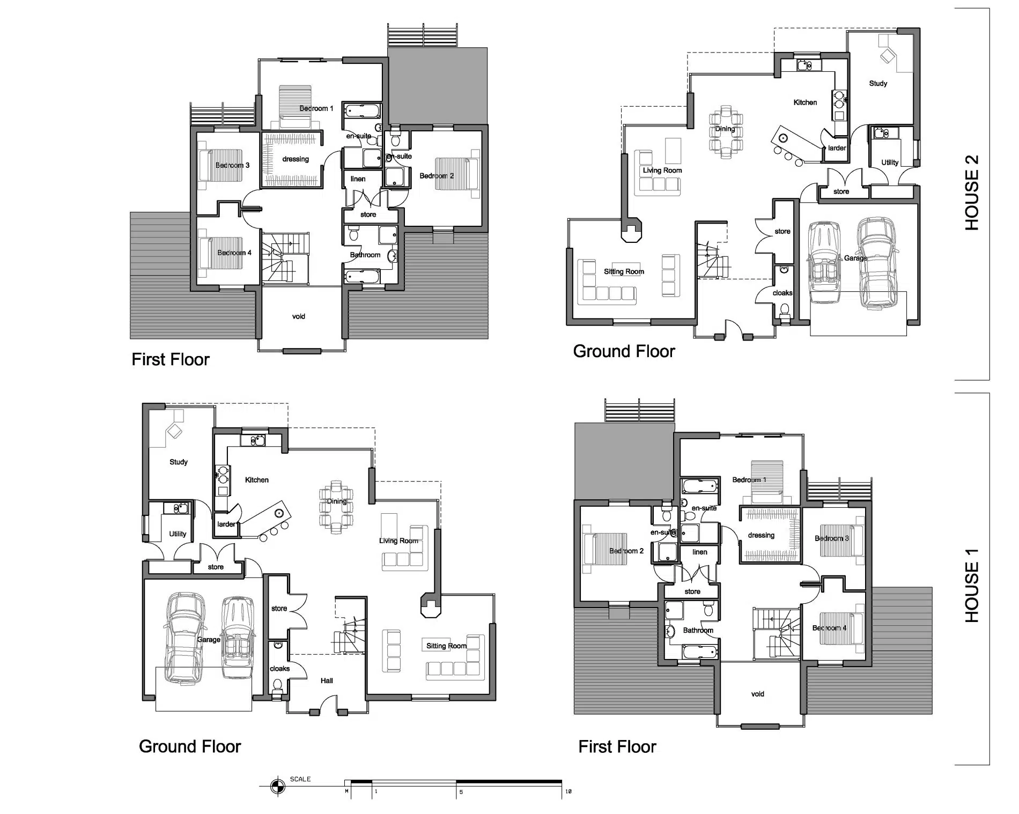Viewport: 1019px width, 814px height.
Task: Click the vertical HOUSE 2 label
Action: (971, 193)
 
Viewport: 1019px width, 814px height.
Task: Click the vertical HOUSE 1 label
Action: (971, 585)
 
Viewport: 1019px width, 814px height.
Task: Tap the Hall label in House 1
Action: (327, 680)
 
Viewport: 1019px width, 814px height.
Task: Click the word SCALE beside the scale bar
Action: (300, 779)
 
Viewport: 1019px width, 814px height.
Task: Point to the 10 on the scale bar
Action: (568, 791)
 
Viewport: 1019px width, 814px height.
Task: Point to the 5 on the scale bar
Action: (461, 792)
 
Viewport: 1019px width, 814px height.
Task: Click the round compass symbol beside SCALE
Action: (277, 787)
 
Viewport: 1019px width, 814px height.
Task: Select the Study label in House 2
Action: (878, 83)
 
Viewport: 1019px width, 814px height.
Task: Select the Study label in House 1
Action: (179, 462)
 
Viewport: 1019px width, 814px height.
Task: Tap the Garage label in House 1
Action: (209, 639)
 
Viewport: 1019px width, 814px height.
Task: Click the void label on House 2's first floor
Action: (299, 316)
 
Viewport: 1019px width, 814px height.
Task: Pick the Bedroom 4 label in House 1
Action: (829, 628)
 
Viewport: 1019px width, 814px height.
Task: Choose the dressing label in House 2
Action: (296, 159)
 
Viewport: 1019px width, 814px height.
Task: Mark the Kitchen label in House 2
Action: (805, 102)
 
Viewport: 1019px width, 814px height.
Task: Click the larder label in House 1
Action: (226, 524)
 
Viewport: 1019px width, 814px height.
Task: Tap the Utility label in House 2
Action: (890, 162)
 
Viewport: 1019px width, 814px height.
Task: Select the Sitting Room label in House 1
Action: (446, 646)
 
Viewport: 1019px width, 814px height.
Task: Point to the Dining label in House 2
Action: (725, 129)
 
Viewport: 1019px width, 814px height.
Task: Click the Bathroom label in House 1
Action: (698, 630)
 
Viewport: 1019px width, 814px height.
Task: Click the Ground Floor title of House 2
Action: (624, 351)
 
